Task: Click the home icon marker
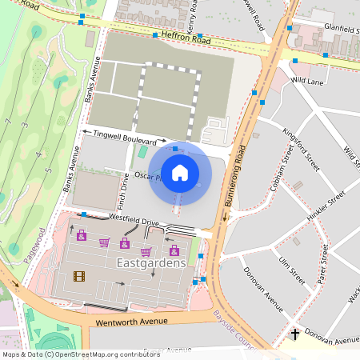[x=180, y=172]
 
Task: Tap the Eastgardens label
[x=151, y=262]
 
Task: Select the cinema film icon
[x=78, y=277]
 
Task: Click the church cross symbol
[x=294, y=333]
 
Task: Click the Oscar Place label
[x=149, y=176]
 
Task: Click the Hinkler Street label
[x=325, y=206]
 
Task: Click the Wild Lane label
[x=306, y=81]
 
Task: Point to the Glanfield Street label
[x=337, y=29]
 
